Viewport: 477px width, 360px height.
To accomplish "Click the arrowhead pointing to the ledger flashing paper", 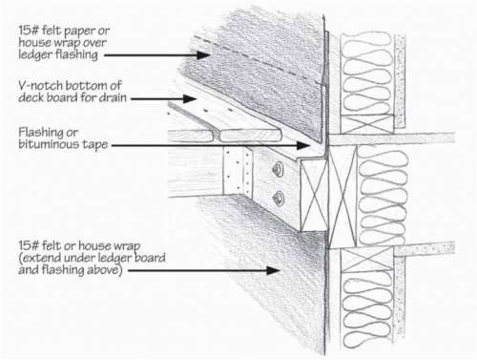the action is point(203,55).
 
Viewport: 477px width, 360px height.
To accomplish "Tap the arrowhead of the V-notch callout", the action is point(190,98).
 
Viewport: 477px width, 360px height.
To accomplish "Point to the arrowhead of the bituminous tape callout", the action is point(302,145).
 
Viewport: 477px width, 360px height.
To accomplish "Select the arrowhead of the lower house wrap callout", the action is point(273,270).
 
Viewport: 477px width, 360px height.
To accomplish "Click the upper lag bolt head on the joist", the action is point(279,169).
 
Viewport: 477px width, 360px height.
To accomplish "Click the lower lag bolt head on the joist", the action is point(279,198).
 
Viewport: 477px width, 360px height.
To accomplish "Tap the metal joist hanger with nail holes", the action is point(238,172).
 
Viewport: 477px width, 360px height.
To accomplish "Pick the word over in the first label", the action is point(94,43).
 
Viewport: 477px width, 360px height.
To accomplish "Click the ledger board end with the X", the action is point(314,196).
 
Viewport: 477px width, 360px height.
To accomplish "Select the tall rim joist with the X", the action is point(342,197).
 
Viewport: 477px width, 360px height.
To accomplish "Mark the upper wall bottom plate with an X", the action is point(367,124).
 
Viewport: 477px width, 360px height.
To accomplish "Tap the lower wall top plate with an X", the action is point(367,260).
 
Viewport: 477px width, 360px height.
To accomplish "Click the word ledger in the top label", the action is point(35,54).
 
